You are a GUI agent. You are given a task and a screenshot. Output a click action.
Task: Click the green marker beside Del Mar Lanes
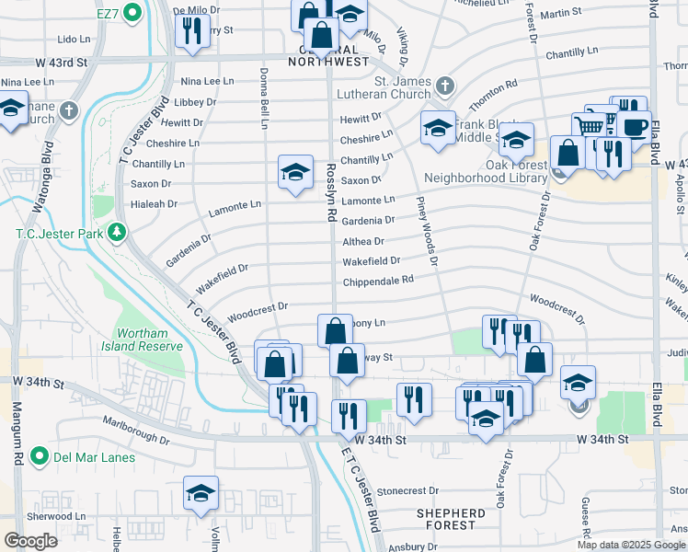[39, 456]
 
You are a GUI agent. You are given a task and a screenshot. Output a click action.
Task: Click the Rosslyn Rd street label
[329, 191]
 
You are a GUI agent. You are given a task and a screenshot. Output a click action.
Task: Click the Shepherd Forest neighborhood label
[450, 519]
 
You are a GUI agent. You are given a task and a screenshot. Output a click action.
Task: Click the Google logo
[30, 541]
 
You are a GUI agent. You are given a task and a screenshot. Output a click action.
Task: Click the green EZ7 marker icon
[131, 13]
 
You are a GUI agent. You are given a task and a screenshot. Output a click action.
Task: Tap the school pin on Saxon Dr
[295, 171]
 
